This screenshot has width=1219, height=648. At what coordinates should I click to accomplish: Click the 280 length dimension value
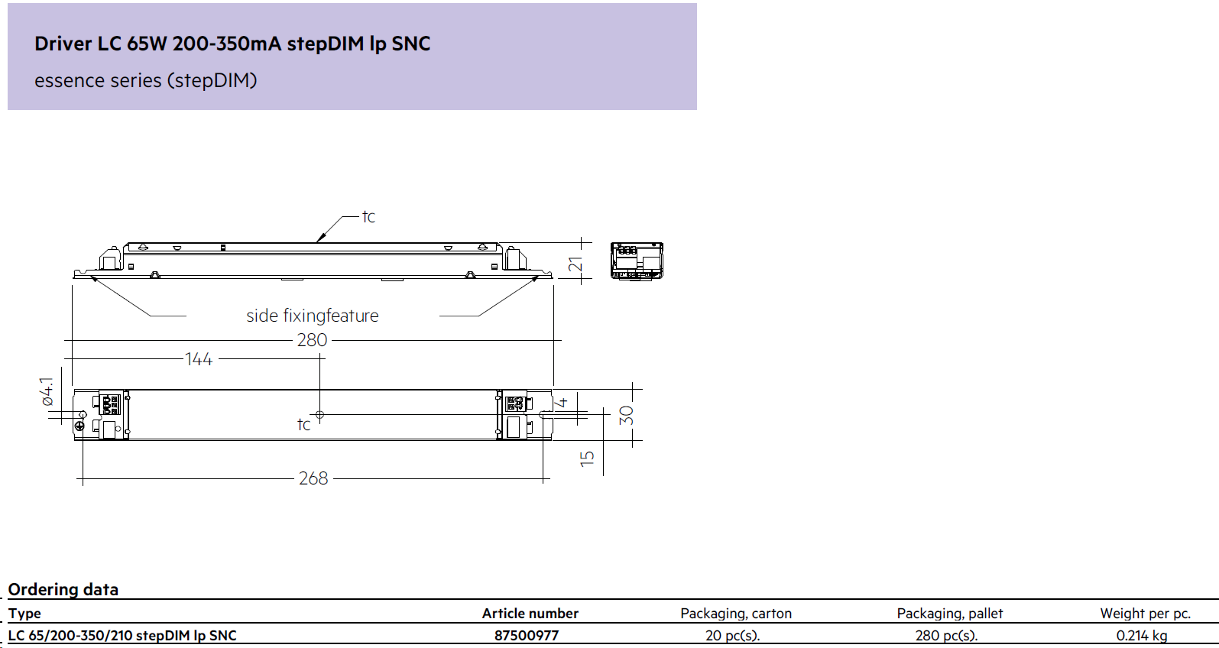click(312, 340)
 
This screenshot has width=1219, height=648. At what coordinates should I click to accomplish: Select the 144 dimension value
click(198, 359)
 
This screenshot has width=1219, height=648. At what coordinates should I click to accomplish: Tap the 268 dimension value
click(313, 478)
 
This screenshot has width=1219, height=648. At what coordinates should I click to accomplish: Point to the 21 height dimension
click(575, 264)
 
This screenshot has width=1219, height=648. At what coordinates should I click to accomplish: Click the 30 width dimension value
click(627, 415)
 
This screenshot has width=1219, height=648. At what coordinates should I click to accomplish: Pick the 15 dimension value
click(587, 458)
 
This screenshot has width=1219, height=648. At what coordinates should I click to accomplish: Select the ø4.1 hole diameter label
click(47, 392)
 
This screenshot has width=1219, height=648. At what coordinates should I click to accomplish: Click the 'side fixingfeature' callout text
click(313, 316)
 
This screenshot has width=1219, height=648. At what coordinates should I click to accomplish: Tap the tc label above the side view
click(368, 216)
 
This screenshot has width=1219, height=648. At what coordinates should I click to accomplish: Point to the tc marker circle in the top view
click(319, 415)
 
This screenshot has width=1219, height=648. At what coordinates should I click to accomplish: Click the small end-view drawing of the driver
click(637, 261)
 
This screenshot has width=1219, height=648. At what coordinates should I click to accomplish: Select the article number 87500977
click(527, 636)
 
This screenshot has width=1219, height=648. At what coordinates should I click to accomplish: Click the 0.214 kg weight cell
click(1142, 636)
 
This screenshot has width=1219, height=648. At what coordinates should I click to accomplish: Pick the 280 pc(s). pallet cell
click(946, 636)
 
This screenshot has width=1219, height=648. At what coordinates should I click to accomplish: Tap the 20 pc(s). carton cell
click(732, 636)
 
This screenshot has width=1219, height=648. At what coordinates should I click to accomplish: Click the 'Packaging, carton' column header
click(736, 613)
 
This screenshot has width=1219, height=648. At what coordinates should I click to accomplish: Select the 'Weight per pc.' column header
click(1146, 613)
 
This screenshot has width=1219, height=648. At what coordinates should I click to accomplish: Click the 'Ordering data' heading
click(63, 589)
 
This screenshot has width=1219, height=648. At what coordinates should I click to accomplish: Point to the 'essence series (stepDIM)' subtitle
click(145, 80)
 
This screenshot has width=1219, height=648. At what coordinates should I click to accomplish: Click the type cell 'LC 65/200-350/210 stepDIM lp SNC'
click(122, 636)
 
